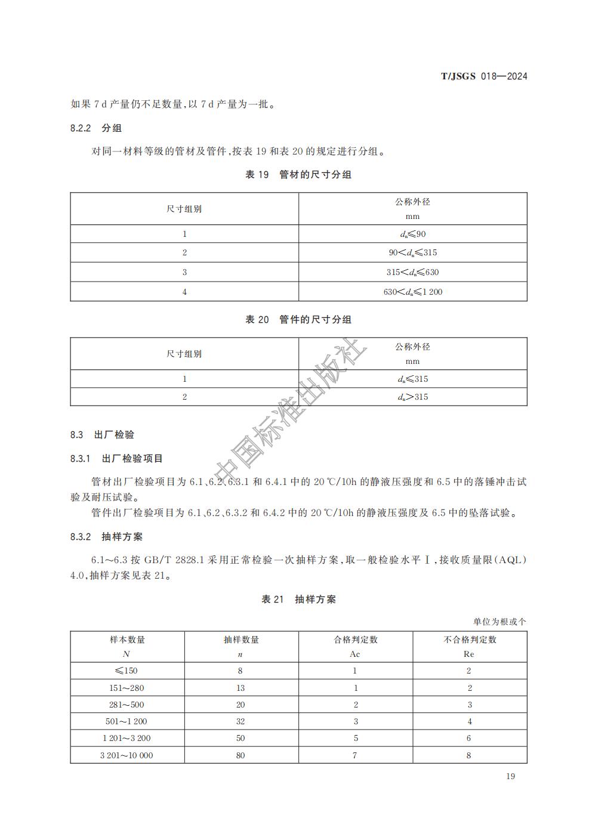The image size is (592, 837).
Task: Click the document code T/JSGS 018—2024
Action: point(484,76)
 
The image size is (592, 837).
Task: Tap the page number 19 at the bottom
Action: point(510,776)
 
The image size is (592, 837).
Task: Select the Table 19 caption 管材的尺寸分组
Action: point(298,175)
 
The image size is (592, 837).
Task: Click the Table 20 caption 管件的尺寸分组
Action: point(298,320)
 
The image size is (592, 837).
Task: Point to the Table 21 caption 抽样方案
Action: point(298,600)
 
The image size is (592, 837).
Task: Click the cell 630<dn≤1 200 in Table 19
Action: point(412,292)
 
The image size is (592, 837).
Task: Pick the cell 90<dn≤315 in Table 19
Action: point(412,252)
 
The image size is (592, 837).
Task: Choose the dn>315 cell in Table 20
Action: point(412,397)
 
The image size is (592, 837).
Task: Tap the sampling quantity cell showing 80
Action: point(240,755)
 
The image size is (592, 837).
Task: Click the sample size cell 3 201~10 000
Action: point(127,755)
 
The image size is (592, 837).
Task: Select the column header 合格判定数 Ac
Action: point(355,646)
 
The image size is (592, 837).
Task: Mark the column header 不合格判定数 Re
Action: point(469,646)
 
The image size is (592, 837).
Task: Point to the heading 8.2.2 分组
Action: point(96,128)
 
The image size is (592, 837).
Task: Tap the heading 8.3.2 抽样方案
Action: point(106,537)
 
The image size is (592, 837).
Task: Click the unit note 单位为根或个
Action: point(499,622)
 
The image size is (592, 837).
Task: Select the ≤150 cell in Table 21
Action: point(127,671)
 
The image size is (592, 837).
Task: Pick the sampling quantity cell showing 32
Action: point(240,721)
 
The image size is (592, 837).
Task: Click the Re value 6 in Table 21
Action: point(469,738)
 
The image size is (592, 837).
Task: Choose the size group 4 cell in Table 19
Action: point(184,292)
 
